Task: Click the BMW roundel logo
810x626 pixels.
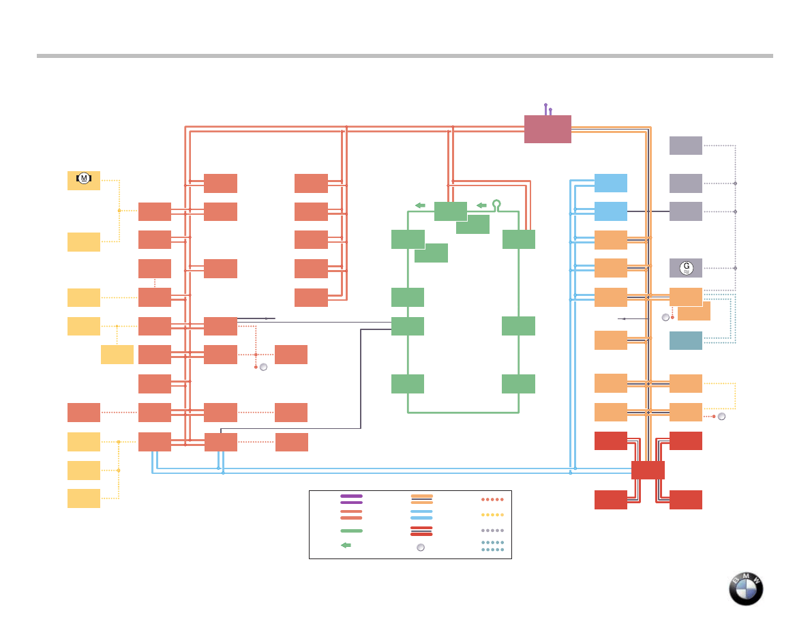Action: pyautogui.click(x=746, y=588)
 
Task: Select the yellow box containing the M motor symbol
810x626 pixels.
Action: pyautogui.click(x=84, y=180)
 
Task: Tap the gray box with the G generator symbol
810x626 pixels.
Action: pyautogui.click(x=686, y=268)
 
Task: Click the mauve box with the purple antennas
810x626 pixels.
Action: pyautogui.click(x=547, y=129)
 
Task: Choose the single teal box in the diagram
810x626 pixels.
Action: pyautogui.click(x=686, y=340)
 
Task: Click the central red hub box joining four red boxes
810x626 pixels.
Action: pyautogui.click(x=648, y=470)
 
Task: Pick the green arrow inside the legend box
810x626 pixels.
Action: pyautogui.click(x=346, y=545)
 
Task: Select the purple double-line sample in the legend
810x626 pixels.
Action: pyautogui.click(x=351, y=499)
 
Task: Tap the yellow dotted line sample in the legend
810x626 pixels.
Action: pyautogui.click(x=492, y=515)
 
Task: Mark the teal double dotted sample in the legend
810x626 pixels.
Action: pyautogui.click(x=492, y=546)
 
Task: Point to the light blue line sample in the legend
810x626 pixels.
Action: pyautogui.click(x=421, y=514)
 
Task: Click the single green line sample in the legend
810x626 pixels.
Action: pyautogui.click(x=351, y=530)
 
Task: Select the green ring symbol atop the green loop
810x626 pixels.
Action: pyautogui.click(x=497, y=203)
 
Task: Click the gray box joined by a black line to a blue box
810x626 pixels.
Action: pyautogui.click(x=686, y=211)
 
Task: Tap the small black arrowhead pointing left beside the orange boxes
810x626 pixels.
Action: pyautogui.click(x=622, y=318)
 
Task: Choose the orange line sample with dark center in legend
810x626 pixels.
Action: pyautogui.click(x=422, y=499)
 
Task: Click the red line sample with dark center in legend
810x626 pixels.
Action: pyautogui.click(x=421, y=531)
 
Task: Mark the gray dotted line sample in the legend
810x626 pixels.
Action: pyautogui.click(x=492, y=530)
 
